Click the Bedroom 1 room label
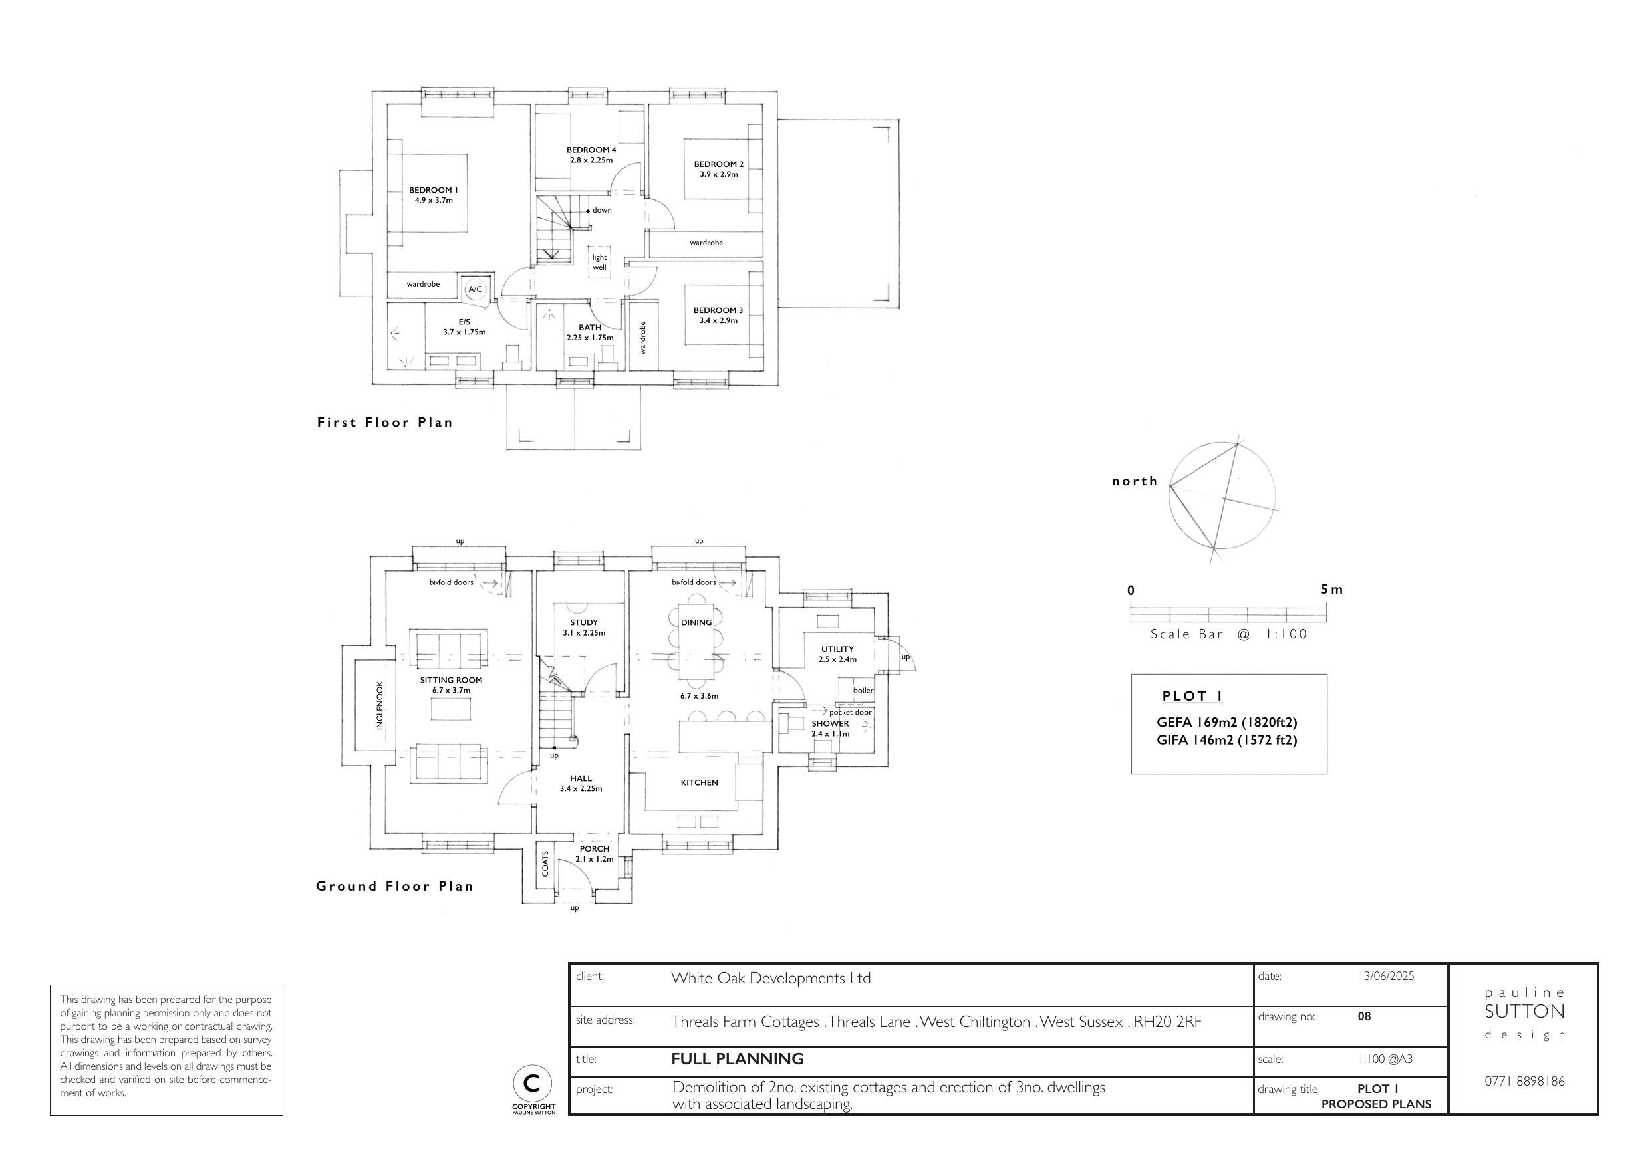coord(434,190)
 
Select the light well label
coord(599,262)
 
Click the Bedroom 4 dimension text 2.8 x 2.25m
coord(591,160)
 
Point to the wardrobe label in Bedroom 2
coord(706,243)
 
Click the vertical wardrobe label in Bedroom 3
coord(643,338)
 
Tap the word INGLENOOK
coord(380,705)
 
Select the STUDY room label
coord(583,622)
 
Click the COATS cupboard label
coord(545,864)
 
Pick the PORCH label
coord(595,848)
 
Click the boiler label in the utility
coord(863,691)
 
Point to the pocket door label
coord(850,713)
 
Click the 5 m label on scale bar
coord(1331,590)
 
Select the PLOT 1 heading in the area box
coord(1192,696)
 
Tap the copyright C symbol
coord(533,1083)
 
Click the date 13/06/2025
coord(1385,976)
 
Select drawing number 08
coord(1364,1016)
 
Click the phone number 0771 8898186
coord(1524,1081)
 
